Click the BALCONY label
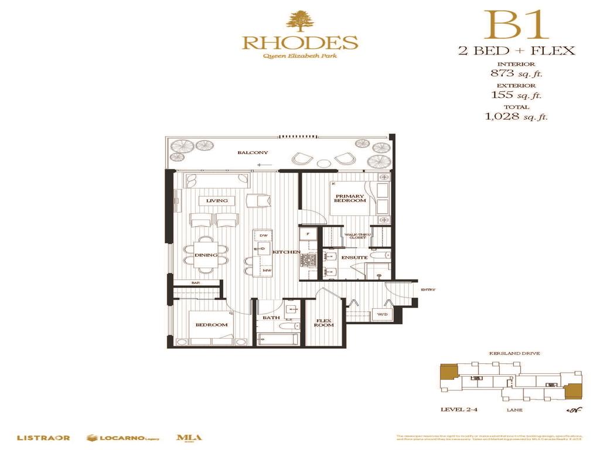point(253,153)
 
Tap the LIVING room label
point(216,201)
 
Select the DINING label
point(206,255)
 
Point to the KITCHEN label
point(286,252)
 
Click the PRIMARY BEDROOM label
point(350,199)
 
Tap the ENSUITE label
point(354,257)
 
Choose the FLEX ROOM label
point(324,323)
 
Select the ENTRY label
point(428,289)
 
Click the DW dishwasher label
point(264,236)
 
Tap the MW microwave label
point(266,270)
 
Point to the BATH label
point(271,318)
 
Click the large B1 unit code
point(516,25)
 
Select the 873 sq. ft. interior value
point(513,74)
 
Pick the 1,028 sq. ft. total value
point(516,117)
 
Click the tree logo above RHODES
point(299,20)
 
